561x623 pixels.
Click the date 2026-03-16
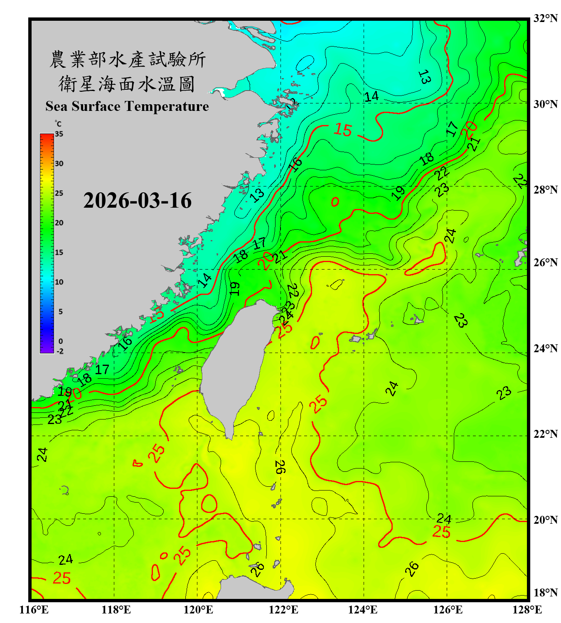tap(138, 201)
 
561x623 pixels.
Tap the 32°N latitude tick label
tap(545, 18)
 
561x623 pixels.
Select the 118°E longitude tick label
tap(116, 610)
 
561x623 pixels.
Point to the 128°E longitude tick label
tap(527, 610)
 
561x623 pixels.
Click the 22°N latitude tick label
tap(545, 434)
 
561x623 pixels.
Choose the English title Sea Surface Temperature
tap(127, 106)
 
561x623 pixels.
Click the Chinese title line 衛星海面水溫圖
tap(127, 84)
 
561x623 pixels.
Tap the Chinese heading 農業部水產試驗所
tap(127, 59)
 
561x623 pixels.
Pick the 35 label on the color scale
tap(59, 134)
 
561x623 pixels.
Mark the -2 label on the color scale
tap(60, 351)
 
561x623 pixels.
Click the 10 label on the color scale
tap(59, 282)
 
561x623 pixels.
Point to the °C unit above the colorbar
tap(58, 124)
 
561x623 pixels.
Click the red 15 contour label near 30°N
tap(343, 130)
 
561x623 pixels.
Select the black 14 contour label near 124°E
tap(371, 96)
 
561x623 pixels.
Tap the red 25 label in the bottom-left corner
tap(62, 578)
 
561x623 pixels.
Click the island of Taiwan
tap(235, 365)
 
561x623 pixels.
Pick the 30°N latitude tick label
tap(545, 104)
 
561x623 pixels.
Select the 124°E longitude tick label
tap(363, 610)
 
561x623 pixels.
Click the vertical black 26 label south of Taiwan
tap(280, 467)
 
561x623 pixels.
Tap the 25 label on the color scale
tap(59, 193)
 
